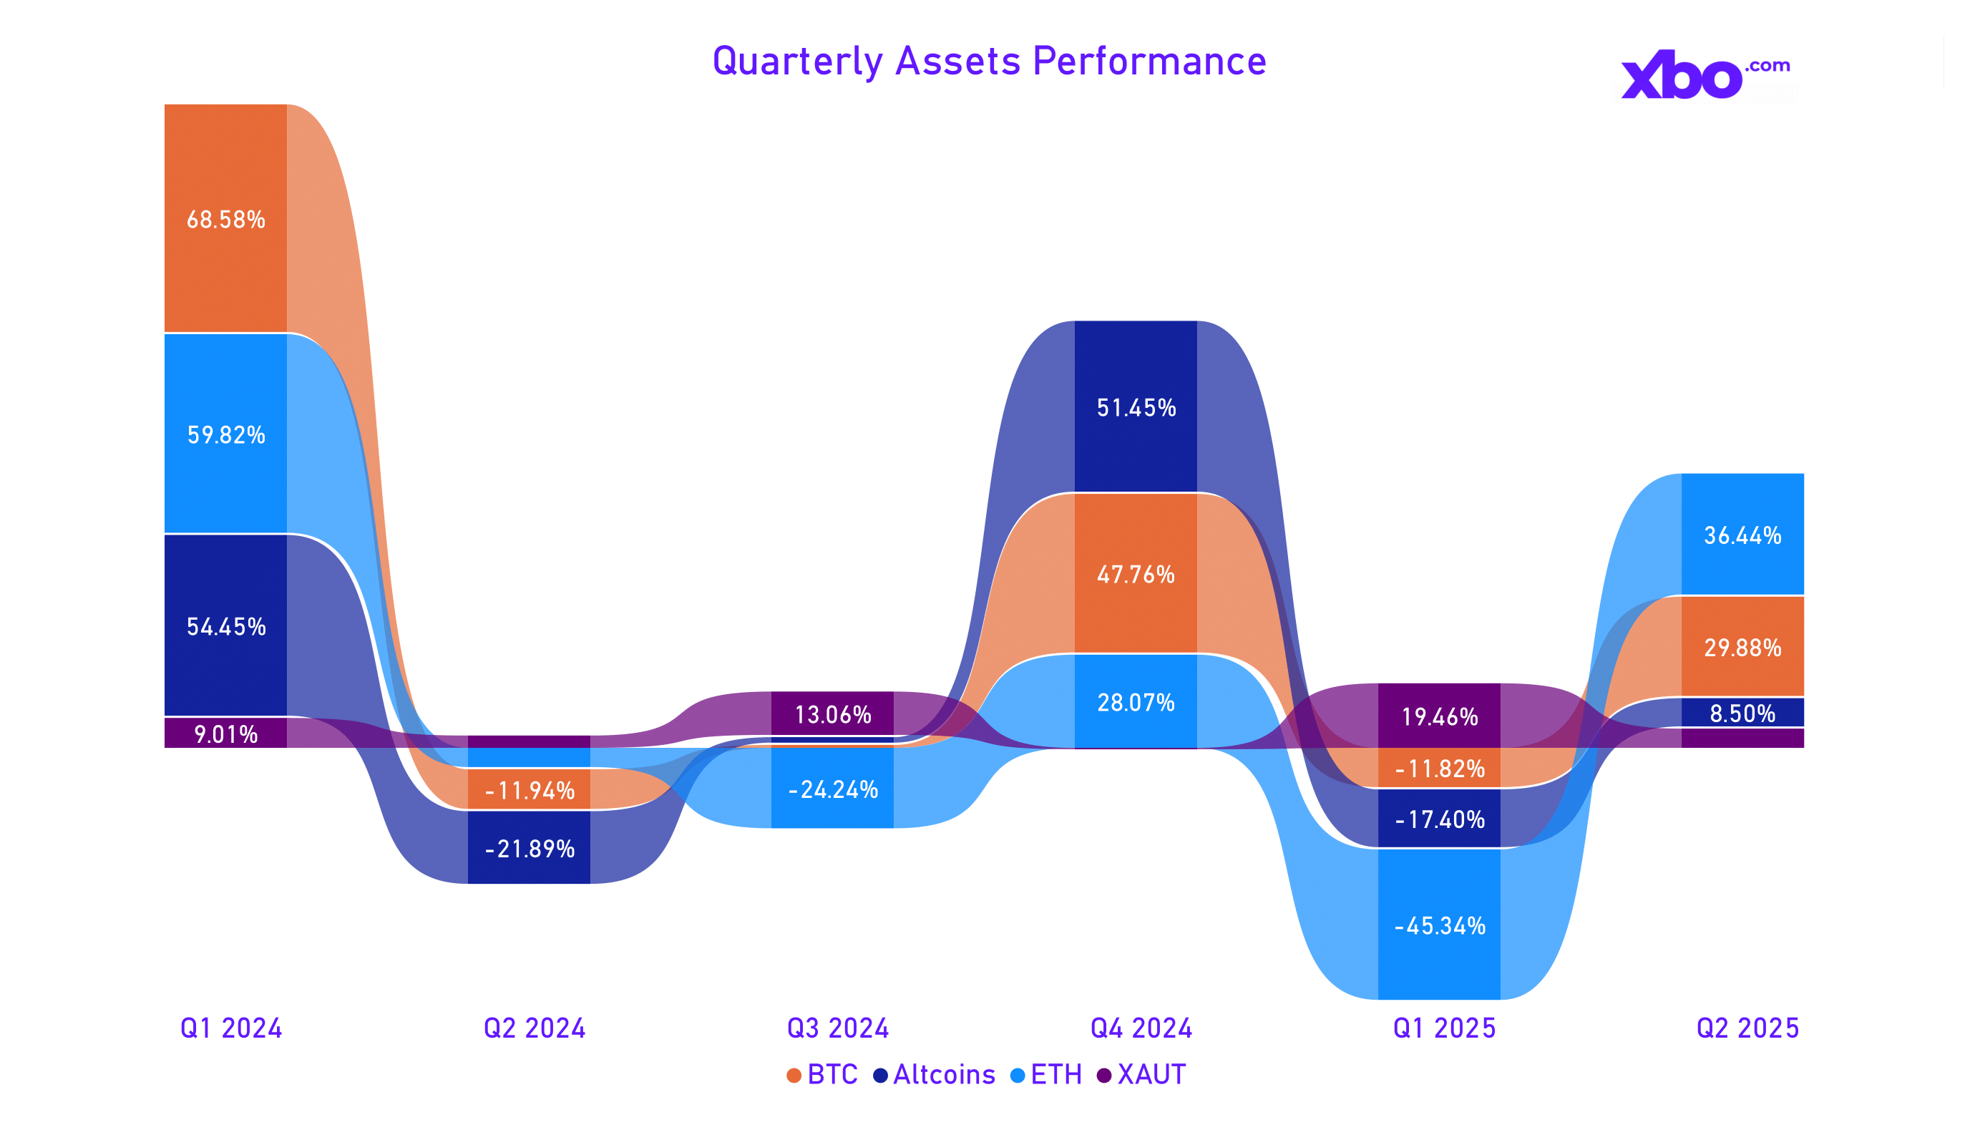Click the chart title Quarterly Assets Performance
point(988,62)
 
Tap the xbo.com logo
point(1705,75)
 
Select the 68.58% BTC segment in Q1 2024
point(225,218)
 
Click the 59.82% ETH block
point(225,434)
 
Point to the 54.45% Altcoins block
point(225,625)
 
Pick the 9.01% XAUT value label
point(225,734)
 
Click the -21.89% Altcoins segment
point(529,848)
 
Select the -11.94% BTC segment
point(529,790)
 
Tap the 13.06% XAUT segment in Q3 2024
point(832,713)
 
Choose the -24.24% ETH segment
point(832,789)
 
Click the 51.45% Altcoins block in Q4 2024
point(1136,407)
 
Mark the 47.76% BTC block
point(1136,574)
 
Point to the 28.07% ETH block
point(1136,701)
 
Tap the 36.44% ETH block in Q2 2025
point(1742,535)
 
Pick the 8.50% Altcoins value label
point(1742,713)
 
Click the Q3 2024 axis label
point(837,1028)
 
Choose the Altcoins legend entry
point(935,1074)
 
